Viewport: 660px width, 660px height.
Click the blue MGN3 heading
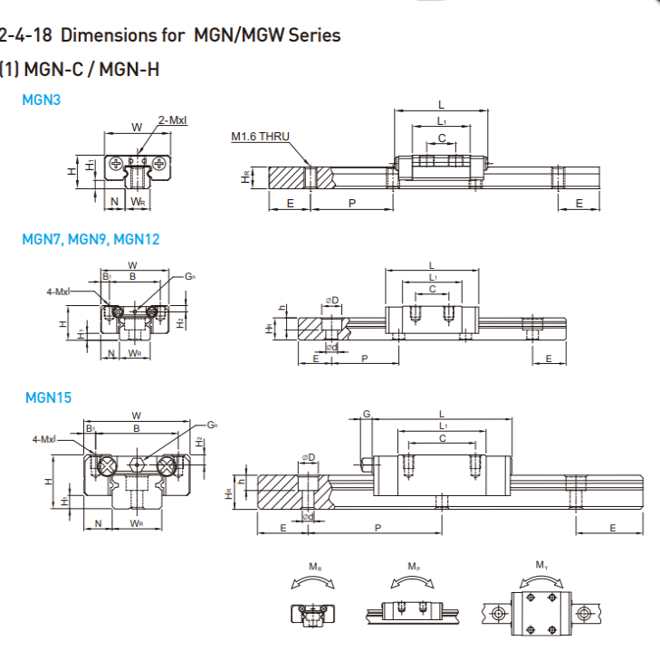click(41, 100)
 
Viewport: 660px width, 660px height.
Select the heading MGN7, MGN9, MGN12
click(91, 239)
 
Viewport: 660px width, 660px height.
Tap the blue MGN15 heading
click(48, 397)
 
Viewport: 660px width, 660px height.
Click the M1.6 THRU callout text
click(260, 137)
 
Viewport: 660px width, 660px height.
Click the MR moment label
click(314, 567)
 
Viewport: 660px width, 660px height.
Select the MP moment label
click(413, 567)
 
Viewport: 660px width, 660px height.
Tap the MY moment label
click(541, 566)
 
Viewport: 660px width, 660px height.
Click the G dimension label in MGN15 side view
click(367, 414)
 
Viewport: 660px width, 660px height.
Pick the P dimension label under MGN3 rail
click(351, 203)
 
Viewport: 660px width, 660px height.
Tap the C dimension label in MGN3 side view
click(442, 138)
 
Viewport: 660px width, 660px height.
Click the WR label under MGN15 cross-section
click(137, 523)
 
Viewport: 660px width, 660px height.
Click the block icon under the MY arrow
click(541, 614)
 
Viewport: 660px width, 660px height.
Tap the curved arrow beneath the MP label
click(413, 582)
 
